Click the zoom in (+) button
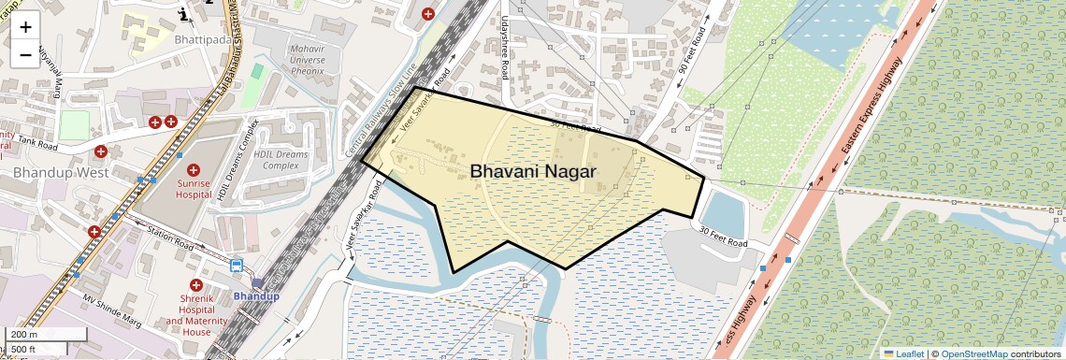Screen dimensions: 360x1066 click(25, 27)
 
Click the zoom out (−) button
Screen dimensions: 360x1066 click(25, 55)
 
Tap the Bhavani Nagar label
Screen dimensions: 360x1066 click(533, 171)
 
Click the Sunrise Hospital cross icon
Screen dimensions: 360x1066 click(194, 170)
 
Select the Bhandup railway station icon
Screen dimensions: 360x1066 click(257, 282)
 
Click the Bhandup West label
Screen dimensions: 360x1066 click(62, 173)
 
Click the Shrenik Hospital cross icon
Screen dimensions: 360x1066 click(195, 284)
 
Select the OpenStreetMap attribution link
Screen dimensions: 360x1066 click(973, 353)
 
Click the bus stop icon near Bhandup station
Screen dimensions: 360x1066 click(237, 266)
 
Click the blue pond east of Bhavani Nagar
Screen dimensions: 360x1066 click(723, 213)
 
